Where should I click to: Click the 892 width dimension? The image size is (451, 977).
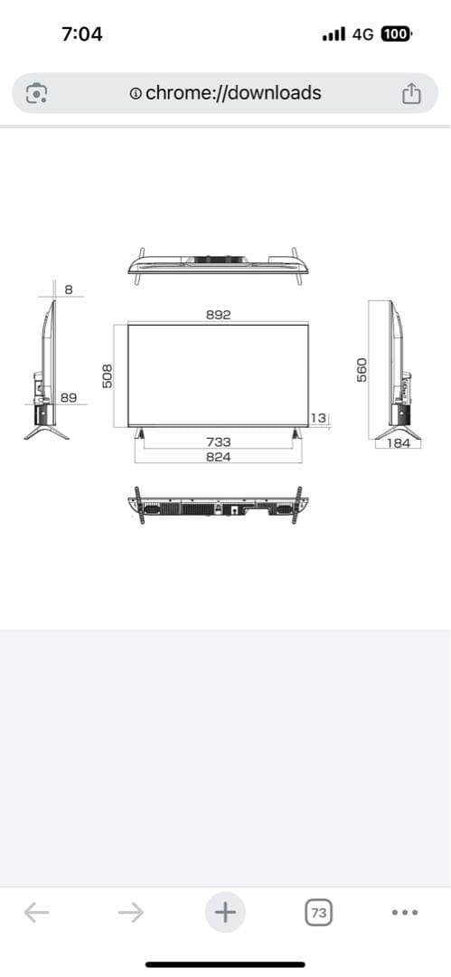pos(218,315)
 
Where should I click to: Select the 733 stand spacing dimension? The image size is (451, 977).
pos(218,441)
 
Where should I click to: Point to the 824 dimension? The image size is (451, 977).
pos(218,457)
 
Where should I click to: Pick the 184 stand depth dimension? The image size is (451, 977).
pos(398,443)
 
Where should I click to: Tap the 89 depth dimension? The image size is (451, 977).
pos(69,397)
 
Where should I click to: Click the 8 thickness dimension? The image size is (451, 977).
pos(69,289)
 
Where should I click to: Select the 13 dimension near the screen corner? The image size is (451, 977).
pos(317,417)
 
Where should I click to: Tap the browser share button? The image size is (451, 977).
pos(410,93)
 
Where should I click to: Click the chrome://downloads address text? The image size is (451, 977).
pos(232,92)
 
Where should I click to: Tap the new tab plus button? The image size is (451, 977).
pos(225,912)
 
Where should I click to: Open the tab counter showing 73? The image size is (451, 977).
pos(318,913)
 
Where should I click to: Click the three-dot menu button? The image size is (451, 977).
pos(406,913)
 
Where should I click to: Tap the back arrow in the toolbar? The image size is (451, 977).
pos(36,912)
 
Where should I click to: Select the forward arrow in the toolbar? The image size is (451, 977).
pos(131,912)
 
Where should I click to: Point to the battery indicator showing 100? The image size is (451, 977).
pos(396,34)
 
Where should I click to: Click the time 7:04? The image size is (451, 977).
pos(82,34)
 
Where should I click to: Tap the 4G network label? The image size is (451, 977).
pos(362,34)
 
